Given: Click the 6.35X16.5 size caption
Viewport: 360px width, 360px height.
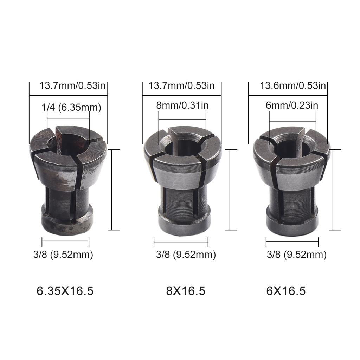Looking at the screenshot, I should [x=65, y=291].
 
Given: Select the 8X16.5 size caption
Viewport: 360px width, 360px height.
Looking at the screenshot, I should [x=185, y=291].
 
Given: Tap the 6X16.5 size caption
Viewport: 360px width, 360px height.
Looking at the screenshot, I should [x=286, y=291].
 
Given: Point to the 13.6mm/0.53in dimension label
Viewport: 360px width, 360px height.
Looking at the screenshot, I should [x=293, y=85].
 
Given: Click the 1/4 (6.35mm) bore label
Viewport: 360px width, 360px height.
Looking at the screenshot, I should [x=71, y=108].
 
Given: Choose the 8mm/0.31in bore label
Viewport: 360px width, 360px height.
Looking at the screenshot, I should [x=183, y=105].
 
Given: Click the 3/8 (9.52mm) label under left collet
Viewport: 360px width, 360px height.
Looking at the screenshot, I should [x=63, y=255].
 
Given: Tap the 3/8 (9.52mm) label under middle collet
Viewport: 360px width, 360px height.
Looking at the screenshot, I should [x=186, y=255].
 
